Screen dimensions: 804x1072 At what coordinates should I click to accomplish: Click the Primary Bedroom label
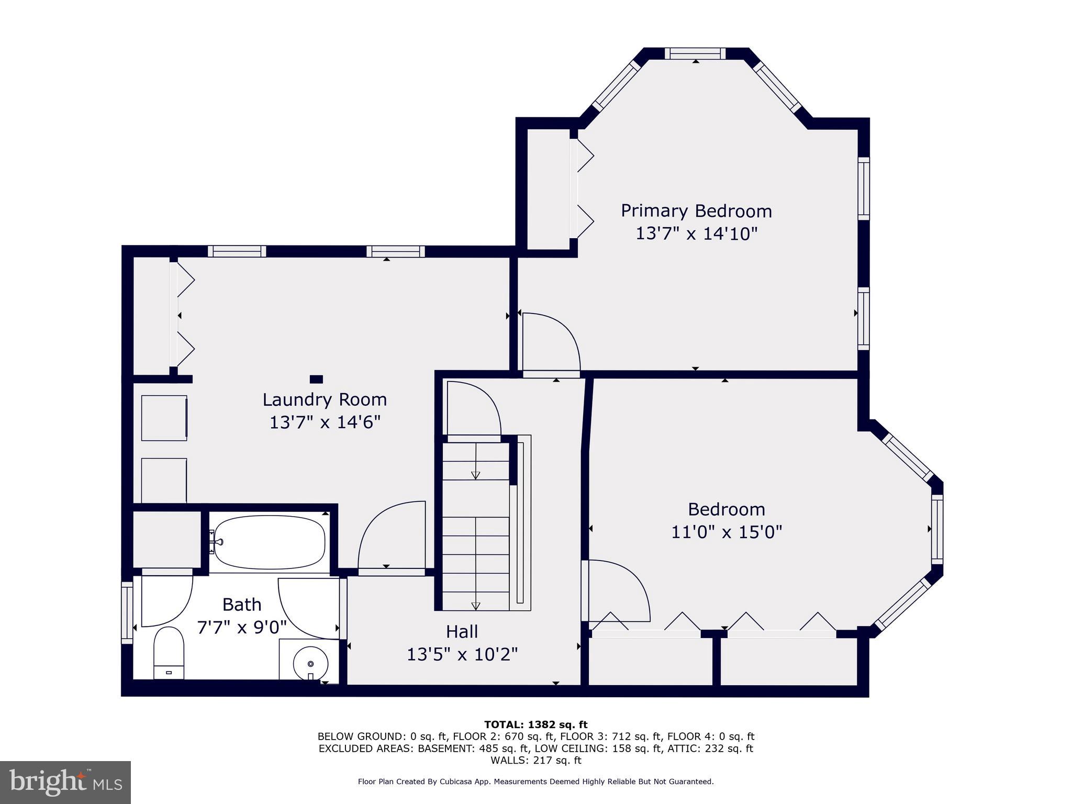(x=696, y=211)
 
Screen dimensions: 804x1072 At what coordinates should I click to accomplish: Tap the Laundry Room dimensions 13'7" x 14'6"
(x=325, y=422)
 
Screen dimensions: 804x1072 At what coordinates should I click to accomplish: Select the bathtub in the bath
(x=270, y=542)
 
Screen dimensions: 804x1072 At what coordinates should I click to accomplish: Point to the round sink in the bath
(x=310, y=664)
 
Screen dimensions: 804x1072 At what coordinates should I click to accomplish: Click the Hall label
(x=462, y=632)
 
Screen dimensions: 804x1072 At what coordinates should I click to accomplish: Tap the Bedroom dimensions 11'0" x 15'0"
(x=727, y=532)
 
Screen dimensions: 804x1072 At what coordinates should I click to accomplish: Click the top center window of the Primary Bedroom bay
(x=695, y=53)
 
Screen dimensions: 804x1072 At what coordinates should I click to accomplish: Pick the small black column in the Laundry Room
(x=316, y=379)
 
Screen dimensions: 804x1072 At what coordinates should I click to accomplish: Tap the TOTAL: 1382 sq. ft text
(x=535, y=724)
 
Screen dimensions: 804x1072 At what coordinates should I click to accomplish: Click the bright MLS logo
(x=65, y=782)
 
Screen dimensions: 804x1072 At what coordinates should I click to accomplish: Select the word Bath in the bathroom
(x=241, y=605)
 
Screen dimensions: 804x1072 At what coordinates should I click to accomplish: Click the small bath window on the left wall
(x=127, y=612)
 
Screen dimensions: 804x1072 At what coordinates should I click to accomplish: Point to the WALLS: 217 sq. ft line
(x=535, y=760)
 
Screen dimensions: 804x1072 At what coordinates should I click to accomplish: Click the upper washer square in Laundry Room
(x=164, y=418)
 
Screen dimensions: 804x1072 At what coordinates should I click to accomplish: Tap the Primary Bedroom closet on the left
(x=548, y=188)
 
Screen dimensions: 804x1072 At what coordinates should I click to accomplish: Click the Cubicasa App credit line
(x=535, y=781)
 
